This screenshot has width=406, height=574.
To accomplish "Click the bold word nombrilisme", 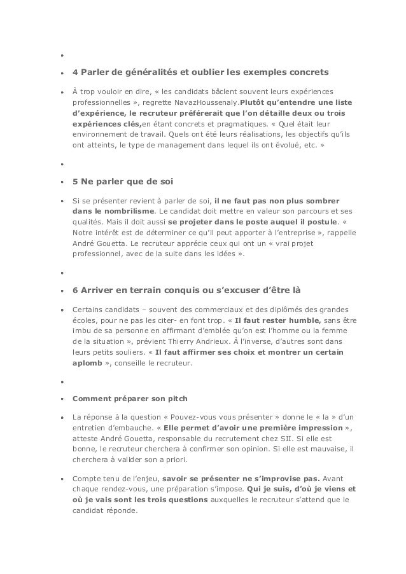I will tap(130, 211).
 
